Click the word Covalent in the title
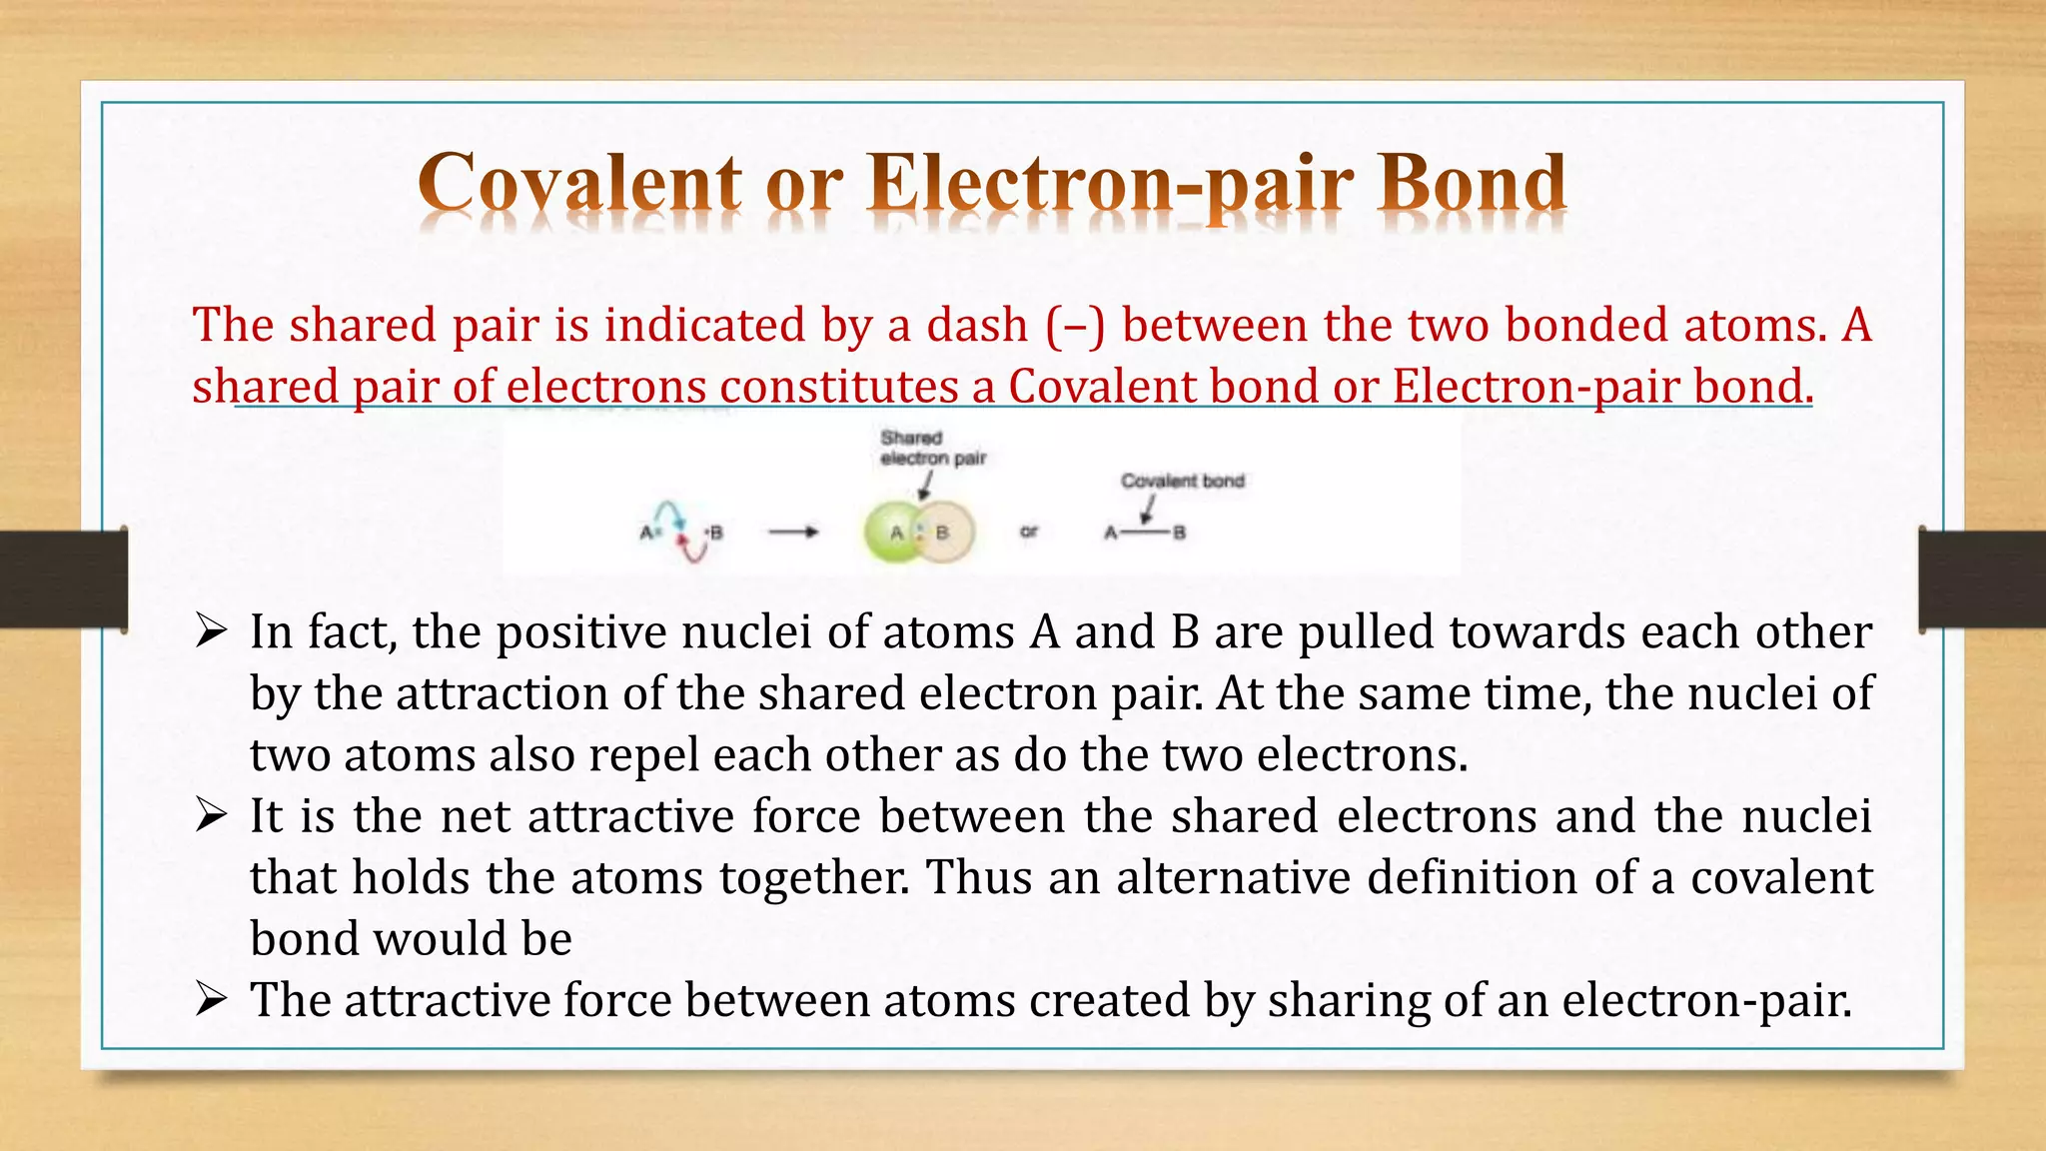point(580,185)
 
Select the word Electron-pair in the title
point(1110,185)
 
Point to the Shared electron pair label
point(932,449)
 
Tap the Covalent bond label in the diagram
point(1182,481)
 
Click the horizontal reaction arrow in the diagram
point(793,533)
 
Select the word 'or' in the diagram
point(1029,533)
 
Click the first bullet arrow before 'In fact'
point(212,631)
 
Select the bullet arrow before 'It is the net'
point(212,816)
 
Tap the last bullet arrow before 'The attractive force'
point(212,999)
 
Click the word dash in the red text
point(977,326)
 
